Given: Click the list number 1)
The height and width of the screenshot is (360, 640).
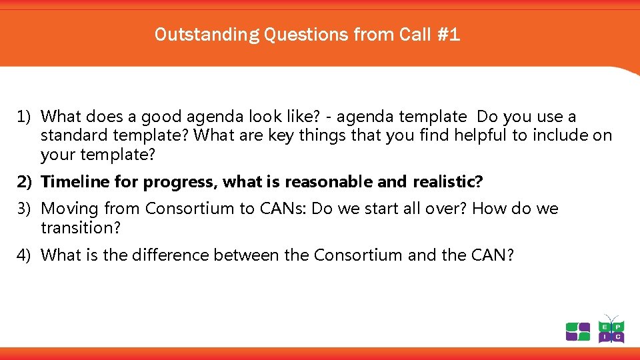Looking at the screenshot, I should click(25, 117).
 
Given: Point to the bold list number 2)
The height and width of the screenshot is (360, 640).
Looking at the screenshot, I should click(25, 182).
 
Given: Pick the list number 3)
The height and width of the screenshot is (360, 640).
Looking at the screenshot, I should click(25, 209).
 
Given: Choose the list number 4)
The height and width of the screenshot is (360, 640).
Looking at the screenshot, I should click(25, 255).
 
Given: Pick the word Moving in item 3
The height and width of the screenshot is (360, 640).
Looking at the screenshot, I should click(70, 209).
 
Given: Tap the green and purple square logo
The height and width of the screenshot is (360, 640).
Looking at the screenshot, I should click(578, 331).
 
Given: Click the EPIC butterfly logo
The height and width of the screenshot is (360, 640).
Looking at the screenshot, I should click(611, 329).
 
